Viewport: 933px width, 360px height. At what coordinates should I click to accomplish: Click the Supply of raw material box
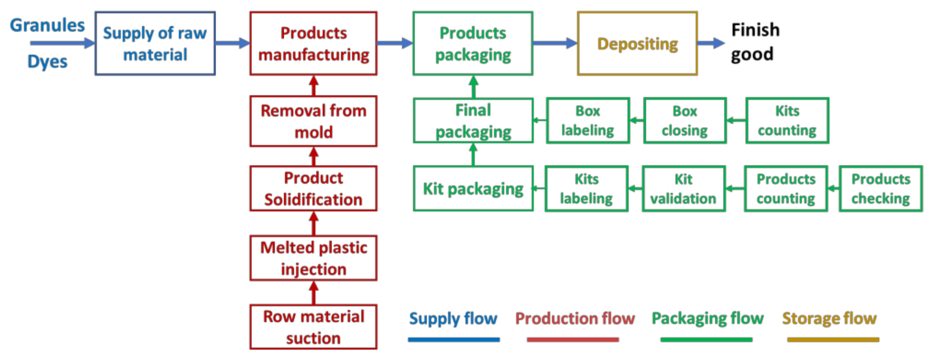(155, 44)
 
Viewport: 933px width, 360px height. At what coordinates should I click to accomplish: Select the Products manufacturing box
(313, 44)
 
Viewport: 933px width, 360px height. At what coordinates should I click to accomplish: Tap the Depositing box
(637, 44)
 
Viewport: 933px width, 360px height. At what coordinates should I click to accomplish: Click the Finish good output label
(755, 42)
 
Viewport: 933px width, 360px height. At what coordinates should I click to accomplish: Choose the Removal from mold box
(313, 121)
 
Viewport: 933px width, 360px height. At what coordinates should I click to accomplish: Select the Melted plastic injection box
(313, 258)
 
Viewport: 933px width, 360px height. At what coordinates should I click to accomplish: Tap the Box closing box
(685, 121)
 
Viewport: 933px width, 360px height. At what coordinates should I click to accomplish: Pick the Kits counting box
(787, 121)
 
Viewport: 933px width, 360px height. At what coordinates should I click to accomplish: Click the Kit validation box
(683, 189)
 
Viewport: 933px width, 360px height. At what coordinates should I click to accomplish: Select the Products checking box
(881, 189)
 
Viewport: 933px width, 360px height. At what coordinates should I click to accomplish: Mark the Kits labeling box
(586, 189)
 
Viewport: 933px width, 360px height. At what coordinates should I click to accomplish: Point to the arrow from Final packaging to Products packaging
(473, 87)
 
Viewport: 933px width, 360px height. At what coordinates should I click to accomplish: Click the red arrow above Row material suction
(314, 293)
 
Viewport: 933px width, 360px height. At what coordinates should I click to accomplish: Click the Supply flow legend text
(453, 318)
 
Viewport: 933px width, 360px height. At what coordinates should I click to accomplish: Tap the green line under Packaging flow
(706, 340)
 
